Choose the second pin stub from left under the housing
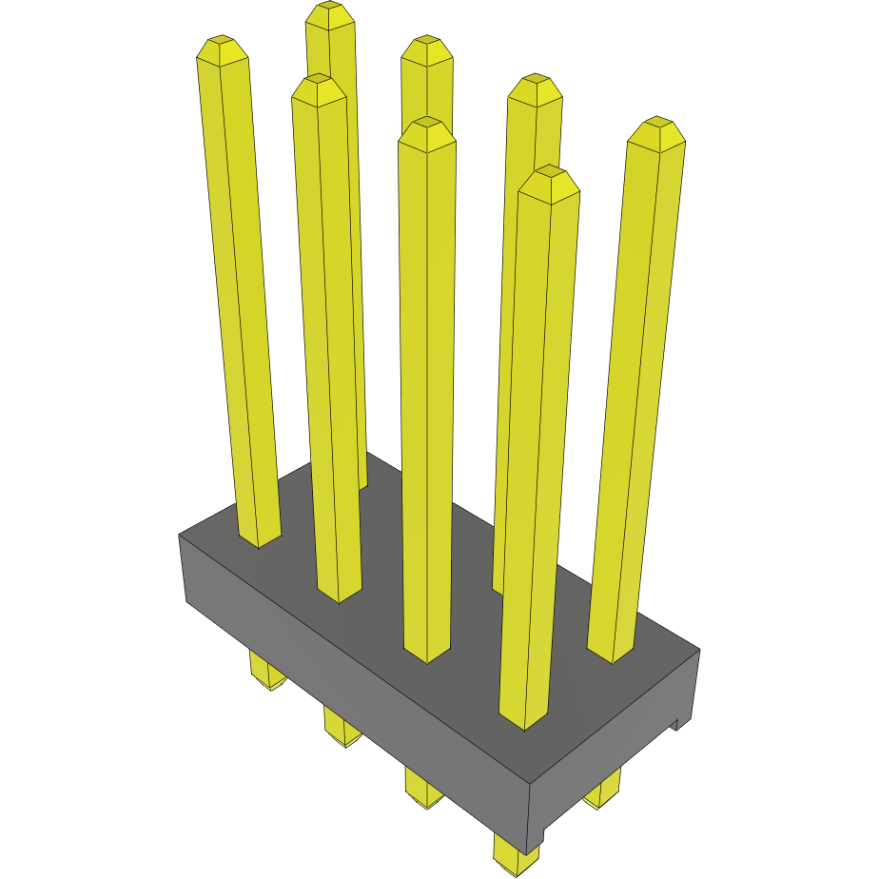[x=342, y=727]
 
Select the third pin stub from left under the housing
[x=423, y=790]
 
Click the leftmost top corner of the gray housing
[x=180, y=536]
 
